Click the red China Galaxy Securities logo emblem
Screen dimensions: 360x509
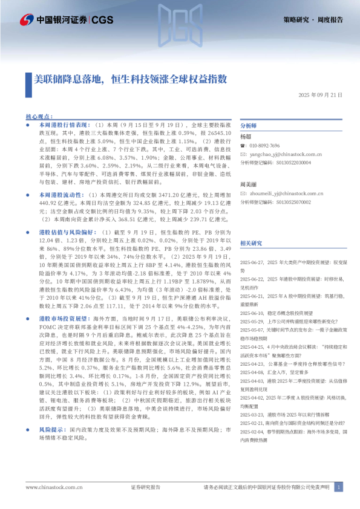click(x=27, y=20)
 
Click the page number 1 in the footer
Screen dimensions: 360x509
click(x=339, y=487)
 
